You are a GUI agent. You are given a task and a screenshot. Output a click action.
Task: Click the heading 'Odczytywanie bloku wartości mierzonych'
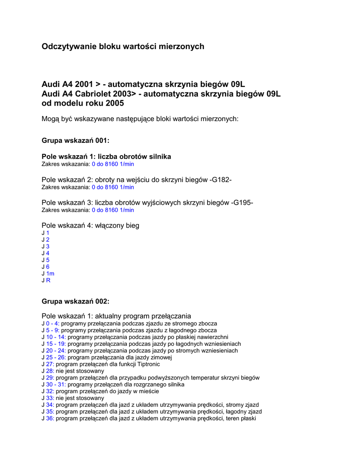coord(123,46)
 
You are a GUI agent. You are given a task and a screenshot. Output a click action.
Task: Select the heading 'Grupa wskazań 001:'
coord(76,141)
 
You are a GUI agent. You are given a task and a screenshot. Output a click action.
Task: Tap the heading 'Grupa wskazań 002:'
coord(76,301)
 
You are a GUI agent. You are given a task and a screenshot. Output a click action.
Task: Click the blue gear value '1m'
coord(50,274)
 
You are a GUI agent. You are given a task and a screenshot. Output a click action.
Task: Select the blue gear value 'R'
coord(48,280)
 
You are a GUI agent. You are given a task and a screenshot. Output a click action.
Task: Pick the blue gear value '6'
coord(48,267)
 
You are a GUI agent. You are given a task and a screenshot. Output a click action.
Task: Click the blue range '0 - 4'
coord(53,324)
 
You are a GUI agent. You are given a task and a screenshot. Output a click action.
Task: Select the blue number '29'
coord(50,378)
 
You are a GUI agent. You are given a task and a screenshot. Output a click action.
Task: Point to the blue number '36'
coord(50,418)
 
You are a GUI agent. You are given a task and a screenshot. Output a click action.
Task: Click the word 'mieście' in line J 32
coord(149,391)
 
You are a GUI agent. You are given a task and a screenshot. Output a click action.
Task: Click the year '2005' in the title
coord(115,103)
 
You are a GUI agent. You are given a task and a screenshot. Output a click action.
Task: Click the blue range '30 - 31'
coord(56,385)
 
